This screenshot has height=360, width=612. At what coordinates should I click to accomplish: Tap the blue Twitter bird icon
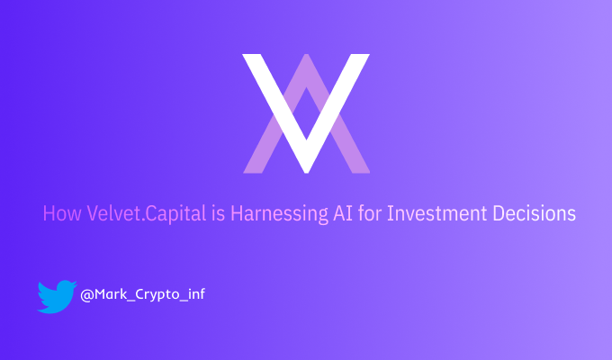(x=57, y=296)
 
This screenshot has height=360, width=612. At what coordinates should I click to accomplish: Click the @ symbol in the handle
(x=86, y=294)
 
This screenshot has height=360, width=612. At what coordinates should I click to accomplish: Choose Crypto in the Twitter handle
(x=156, y=294)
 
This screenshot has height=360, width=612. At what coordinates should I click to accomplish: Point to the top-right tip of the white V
(x=362, y=57)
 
